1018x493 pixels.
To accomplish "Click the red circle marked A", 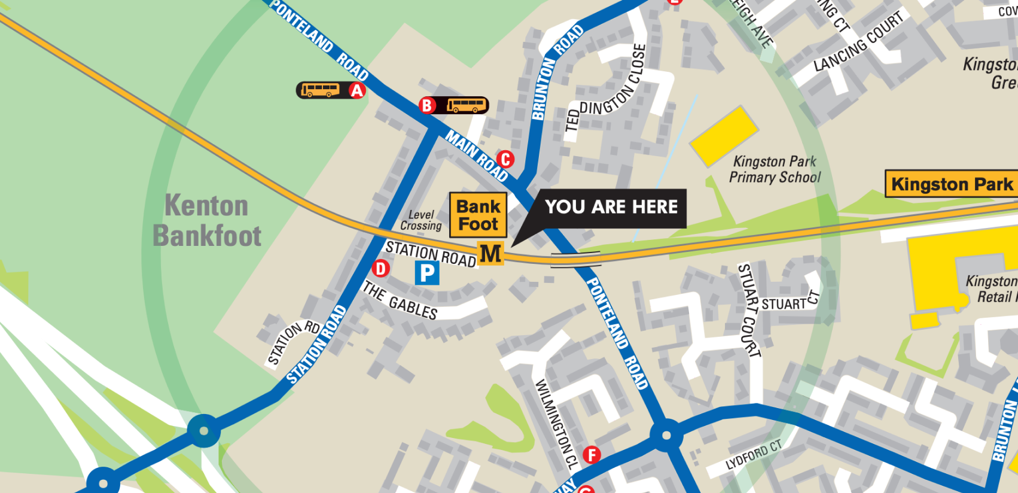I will pyautogui.click(x=357, y=90).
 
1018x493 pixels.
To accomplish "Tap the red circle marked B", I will pyautogui.click(x=427, y=105).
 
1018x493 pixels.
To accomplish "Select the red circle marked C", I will pyautogui.click(x=505, y=159).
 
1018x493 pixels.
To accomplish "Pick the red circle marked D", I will pyautogui.click(x=380, y=268).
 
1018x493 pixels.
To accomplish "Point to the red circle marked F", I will pyautogui.click(x=592, y=455).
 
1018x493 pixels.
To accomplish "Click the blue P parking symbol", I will pyautogui.click(x=427, y=273).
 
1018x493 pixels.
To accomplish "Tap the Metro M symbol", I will pyautogui.click(x=490, y=254).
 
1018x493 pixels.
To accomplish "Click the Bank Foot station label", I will pyautogui.click(x=478, y=215).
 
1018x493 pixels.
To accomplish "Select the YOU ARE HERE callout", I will pyautogui.click(x=611, y=208).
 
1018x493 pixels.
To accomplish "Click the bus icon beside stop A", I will pyautogui.click(x=320, y=90).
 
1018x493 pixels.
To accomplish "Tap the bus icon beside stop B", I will pyautogui.click(x=467, y=106).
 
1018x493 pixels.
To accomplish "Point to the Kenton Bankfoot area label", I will pyautogui.click(x=207, y=220).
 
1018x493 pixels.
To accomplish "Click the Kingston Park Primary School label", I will pyautogui.click(x=775, y=169).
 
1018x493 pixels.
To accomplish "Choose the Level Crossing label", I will pyautogui.click(x=421, y=220).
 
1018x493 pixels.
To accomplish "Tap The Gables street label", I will pyautogui.click(x=400, y=301).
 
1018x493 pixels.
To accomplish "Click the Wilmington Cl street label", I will pyautogui.click(x=556, y=424).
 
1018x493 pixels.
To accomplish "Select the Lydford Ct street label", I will pyautogui.click(x=754, y=455).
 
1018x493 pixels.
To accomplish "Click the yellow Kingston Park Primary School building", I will pyautogui.click(x=724, y=136).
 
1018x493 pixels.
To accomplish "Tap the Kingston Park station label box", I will pyautogui.click(x=952, y=184).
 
